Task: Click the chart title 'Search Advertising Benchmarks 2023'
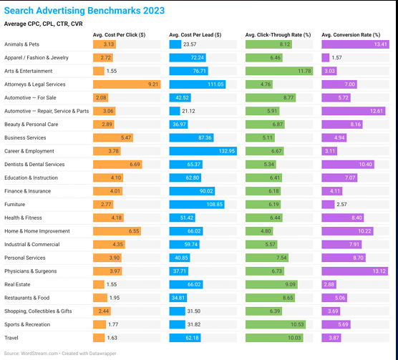click(x=84, y=11)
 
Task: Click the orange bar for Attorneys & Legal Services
click(x=126, y=84)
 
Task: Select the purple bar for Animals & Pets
click(x=355, y=44)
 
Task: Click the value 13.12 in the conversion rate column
click(x=379, y=271)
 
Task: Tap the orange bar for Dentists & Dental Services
click(x=117, y=165)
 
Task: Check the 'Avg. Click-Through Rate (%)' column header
click(x=278, y=34)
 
